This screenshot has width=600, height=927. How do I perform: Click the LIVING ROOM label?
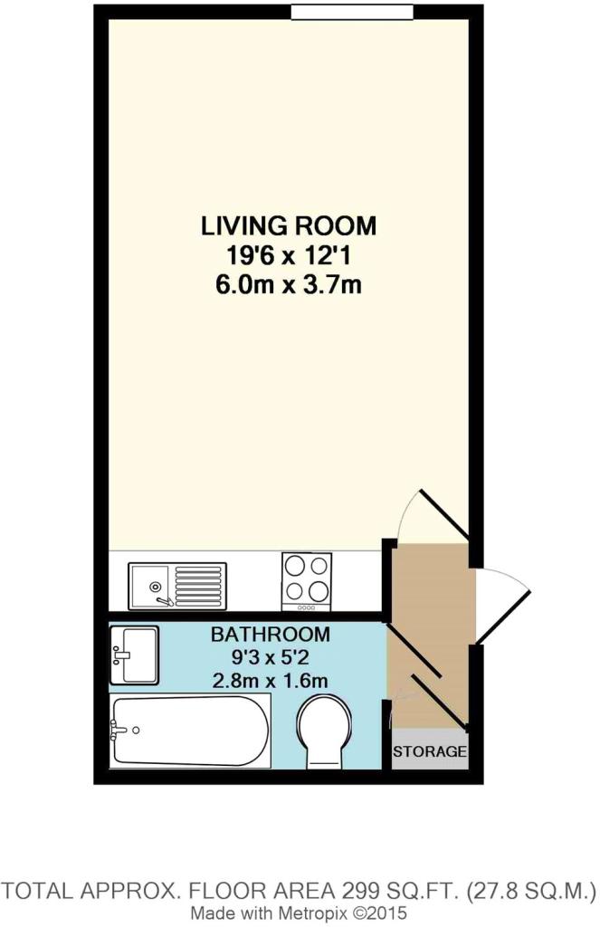[289, 225]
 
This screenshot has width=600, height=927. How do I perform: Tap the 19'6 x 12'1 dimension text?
[289, 256]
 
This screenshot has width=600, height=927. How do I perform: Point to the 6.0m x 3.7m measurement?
[289, 285]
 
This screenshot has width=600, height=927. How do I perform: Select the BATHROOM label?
[271, 635]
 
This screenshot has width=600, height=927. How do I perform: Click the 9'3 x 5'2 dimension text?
[271, 657]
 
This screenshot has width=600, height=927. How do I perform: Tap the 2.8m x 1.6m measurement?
[271, 680]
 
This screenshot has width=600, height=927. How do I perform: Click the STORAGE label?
[430, 752]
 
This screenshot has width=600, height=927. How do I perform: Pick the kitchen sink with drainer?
[178, 586]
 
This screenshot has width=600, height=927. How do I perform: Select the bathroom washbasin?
[134, 655]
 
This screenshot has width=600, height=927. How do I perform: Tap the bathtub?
[190, 731]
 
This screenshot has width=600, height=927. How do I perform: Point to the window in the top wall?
[352, 11]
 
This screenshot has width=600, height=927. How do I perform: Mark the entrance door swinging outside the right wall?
[501, 604]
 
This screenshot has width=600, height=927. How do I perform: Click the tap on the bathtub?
[120, 731]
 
